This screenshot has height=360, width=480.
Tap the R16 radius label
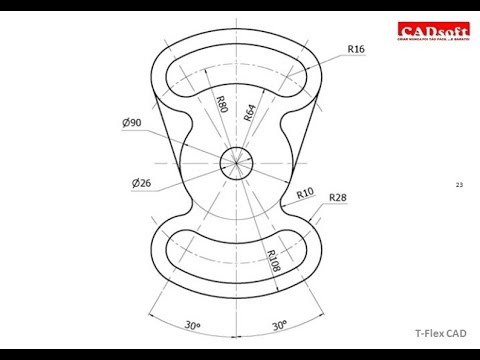[x=356, y=47]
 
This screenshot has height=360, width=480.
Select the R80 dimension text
[x=221, y=104]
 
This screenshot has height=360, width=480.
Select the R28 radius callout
[x=339, y=197]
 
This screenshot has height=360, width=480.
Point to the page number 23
[x=459, y=184]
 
